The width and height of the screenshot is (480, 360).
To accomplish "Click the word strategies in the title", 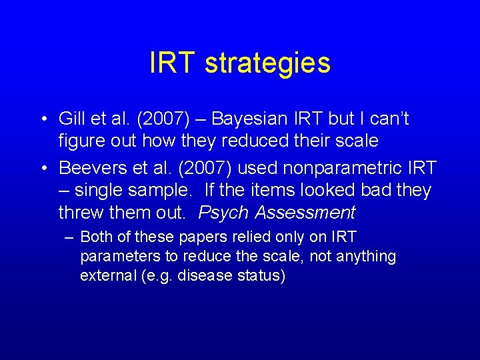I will [267, 63].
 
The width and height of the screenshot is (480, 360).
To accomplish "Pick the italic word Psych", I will [223, 213].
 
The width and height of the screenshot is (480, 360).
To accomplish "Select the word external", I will [105, 275].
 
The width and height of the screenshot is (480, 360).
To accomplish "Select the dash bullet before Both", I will [68, 237].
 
